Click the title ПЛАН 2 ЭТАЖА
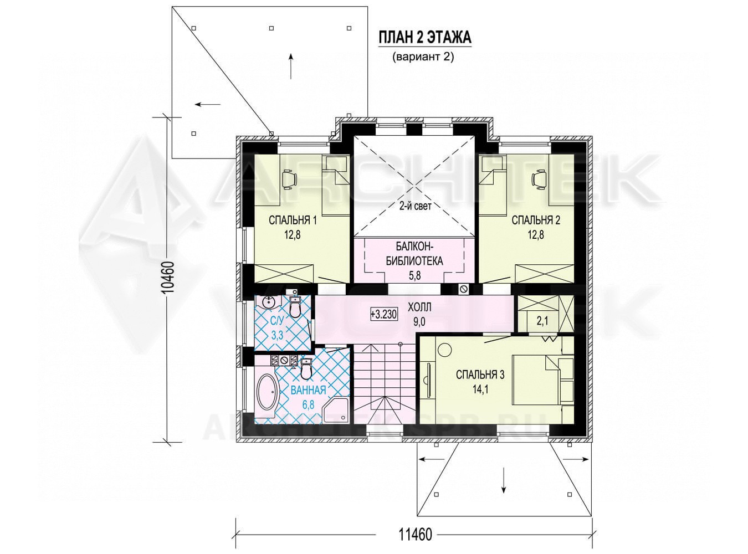point(425,37)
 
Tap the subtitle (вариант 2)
point(423,57)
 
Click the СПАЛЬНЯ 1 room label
point(293,220)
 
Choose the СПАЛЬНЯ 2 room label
point(536,220)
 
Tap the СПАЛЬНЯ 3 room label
point(480,375)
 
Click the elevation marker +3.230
point(384,314)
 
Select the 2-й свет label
point(415,206)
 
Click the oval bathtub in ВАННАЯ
point(267,392)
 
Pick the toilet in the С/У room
point(295,306)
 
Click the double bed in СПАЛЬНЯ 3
point(538,379)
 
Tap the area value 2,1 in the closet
point(542,321)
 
